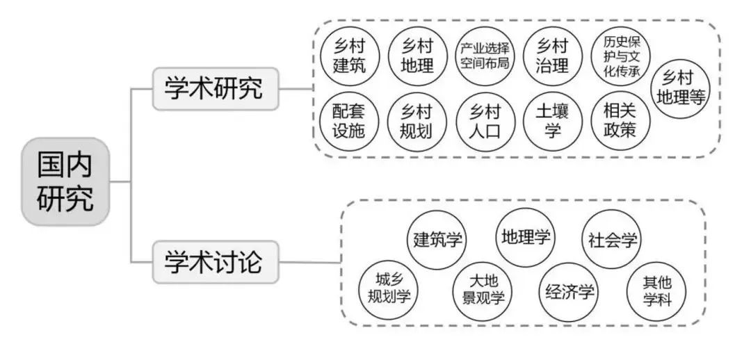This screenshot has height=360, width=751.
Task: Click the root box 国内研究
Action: coord(66,182)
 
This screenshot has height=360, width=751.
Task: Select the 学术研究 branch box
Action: coord(215,88)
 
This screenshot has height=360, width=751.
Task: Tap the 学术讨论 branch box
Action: coord(215,263)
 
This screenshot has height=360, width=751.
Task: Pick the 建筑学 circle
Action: coord(436,240)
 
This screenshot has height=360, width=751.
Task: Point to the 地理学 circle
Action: coord(525,237)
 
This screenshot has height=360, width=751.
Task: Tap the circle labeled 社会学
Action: coord(611,240)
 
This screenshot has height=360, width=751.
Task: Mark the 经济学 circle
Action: coord(570,292)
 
